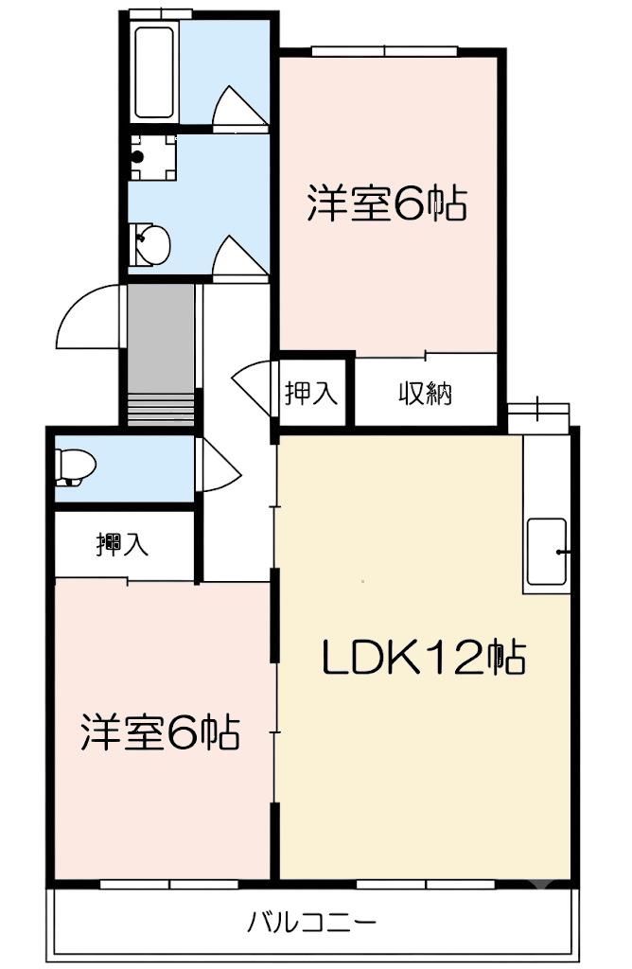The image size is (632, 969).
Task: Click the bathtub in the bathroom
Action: (x=154, y=72)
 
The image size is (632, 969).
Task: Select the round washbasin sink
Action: (x=151, y=244)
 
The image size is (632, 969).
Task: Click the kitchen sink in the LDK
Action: (x=547, y=552)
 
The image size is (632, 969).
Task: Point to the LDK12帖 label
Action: (x=424, y=658)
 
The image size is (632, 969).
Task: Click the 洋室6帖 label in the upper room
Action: (x=387, y=203)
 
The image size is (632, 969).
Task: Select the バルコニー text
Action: (x=311, y=924)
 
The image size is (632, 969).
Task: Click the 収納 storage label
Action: (x=426, y=393)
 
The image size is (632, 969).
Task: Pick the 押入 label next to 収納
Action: (x=310, y=393)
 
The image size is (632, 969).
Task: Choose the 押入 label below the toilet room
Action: (x=122, y=543)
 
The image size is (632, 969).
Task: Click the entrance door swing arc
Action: (x=83, y=318)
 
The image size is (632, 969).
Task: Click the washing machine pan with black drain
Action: (x=152, y=157)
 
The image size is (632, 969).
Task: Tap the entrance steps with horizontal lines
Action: (x=161, y=409)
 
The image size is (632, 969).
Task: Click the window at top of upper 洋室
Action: (x=385, y=51)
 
